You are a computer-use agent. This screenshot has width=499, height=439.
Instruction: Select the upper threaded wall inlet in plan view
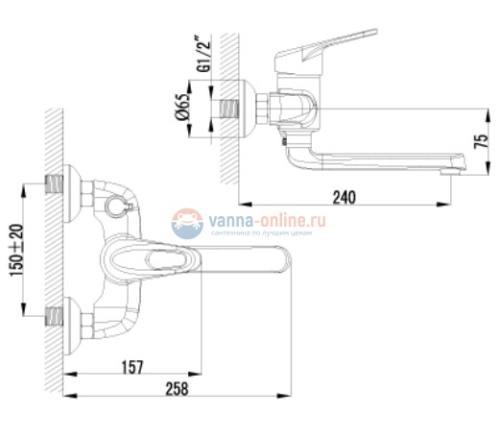click(x=59, y=184)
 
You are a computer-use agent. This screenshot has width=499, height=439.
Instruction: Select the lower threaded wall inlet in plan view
click(x=59, y=314)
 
